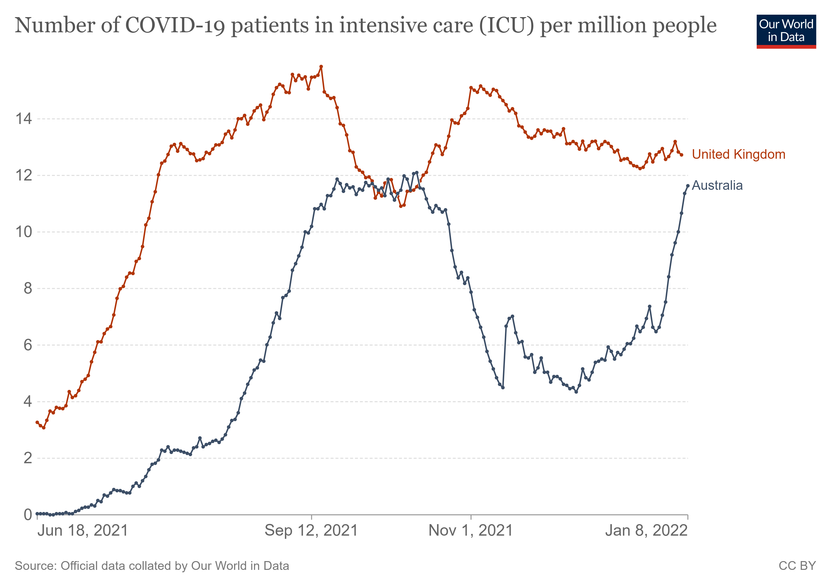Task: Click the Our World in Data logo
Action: coord(786,31)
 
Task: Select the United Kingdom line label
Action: coord(738,155)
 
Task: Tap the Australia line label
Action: coord(717,185)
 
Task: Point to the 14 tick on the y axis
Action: coord(23,119)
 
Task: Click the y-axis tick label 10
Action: coord(23,232)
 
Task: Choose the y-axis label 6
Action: coord(28,345)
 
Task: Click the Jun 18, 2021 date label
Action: coord(83,531)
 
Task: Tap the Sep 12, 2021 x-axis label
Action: coord(311,531)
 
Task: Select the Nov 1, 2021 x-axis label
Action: coord(470,531)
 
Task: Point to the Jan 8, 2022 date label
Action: coord(646,531)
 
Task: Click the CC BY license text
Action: coord(797,566)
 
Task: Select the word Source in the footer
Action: coord(35,566)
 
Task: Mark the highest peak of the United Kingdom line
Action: coord(321,67)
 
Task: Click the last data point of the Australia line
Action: coord(688,186)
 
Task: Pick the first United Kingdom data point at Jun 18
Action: coord(37,422)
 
